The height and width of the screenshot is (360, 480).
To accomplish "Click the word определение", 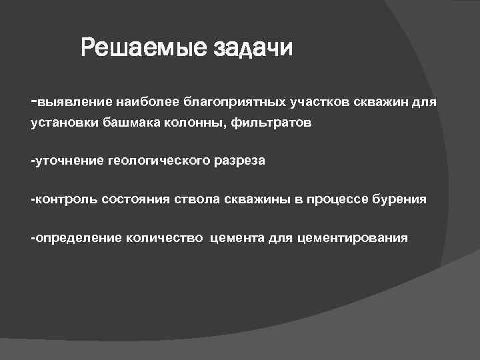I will (x=77, y=238).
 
